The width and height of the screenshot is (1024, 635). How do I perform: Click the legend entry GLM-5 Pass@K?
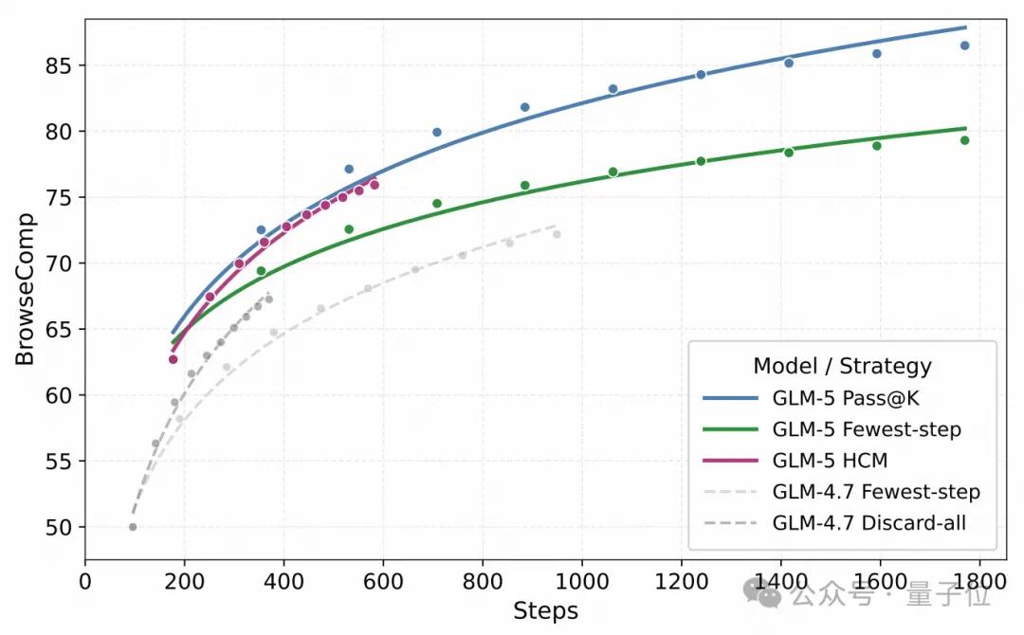click(846, 398)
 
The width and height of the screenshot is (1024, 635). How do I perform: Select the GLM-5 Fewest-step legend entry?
click(867, 429)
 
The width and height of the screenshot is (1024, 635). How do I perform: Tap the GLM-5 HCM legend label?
click(830, 461)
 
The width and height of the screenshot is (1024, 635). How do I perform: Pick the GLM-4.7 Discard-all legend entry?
click(869, 523)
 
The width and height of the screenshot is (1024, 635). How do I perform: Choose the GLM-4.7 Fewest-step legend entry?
click(876, 492)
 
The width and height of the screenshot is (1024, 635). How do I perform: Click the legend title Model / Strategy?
click(843, 366)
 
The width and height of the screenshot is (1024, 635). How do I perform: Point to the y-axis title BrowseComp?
click(25, 289)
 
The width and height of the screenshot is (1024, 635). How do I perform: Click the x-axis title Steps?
click(546, 611)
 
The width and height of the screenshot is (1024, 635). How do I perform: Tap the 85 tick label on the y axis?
click(58, 66)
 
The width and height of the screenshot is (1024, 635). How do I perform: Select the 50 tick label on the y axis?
click(58, 527)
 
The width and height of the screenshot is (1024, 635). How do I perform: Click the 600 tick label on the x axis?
click(383, 581)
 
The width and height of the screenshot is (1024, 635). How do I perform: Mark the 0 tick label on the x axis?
click(85, 581)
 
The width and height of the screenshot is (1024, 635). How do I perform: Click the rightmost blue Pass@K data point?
click(964, 45)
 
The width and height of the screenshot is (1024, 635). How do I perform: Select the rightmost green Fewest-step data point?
click(964, 140)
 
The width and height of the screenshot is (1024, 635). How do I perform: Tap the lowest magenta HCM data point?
click(174, 359)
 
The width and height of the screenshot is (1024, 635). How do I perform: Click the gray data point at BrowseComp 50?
click(133, 527)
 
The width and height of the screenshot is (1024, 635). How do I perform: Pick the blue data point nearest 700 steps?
click(437, 133)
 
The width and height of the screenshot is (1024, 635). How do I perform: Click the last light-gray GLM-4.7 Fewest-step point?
click(557, 234)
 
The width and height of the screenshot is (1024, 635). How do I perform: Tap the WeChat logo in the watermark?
click(761, 592)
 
